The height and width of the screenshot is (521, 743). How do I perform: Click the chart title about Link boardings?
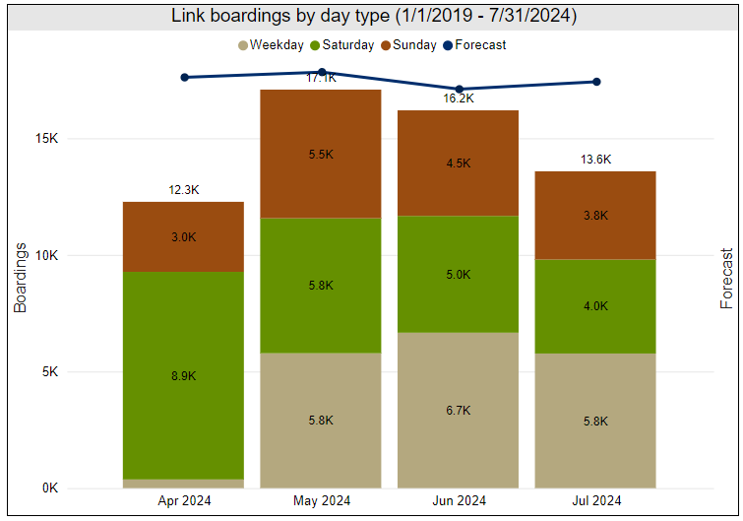point(373,16)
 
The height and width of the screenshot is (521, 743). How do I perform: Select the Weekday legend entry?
point(275,44)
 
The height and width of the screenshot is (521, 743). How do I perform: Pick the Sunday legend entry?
point(412,44)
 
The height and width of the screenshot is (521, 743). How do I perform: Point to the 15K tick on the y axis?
point(45,139)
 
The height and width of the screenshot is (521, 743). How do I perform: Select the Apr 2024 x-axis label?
point(184,501)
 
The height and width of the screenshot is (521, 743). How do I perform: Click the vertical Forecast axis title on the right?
point(726,279)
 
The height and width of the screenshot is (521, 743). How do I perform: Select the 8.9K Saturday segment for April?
point(183,375)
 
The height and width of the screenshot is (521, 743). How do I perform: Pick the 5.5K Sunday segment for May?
point(320,154)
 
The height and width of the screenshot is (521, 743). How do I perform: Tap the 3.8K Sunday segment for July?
point(594,215)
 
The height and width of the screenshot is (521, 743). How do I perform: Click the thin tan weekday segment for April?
point(183,484)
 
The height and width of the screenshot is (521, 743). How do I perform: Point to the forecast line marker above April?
point(184,77)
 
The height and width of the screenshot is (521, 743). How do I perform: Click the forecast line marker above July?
point(596,82)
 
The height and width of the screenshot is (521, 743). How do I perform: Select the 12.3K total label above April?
point(184,190)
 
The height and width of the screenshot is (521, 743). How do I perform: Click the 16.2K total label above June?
point(459,98)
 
